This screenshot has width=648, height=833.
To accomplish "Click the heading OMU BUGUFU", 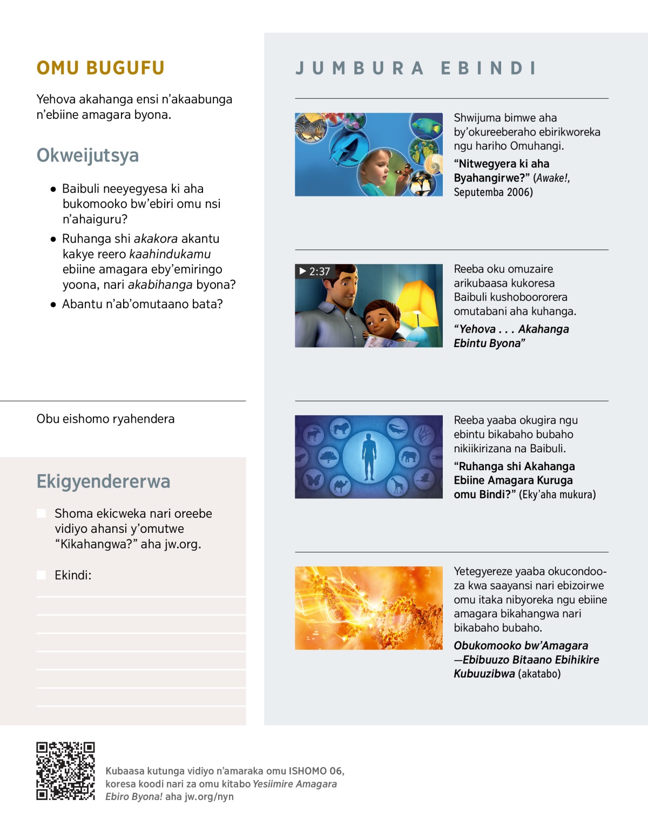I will pos(100,68).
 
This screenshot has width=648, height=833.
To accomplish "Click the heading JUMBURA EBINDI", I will pos(416,68).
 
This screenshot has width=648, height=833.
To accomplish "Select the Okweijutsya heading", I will pos(87,155).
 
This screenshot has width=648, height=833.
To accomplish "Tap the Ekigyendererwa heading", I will pos(103,481).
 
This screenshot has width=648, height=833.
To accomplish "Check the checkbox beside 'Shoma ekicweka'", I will pos(41,513).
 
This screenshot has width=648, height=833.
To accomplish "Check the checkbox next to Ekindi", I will pos(41,575).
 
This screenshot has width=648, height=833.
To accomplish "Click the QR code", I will pos(65,771).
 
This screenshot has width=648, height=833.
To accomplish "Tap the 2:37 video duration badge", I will pos(314,271).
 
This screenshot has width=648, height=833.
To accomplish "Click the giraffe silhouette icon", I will pos(397,486).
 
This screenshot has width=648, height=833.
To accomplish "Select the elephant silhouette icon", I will pos(409,457).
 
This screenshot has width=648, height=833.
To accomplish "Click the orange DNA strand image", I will pos(369,608).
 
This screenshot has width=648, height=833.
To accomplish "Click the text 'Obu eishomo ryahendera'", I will pos(105,419).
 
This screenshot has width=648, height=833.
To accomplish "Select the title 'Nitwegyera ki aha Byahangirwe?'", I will pos(502,171).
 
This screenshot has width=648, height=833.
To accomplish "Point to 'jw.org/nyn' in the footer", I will pos(209,796).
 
